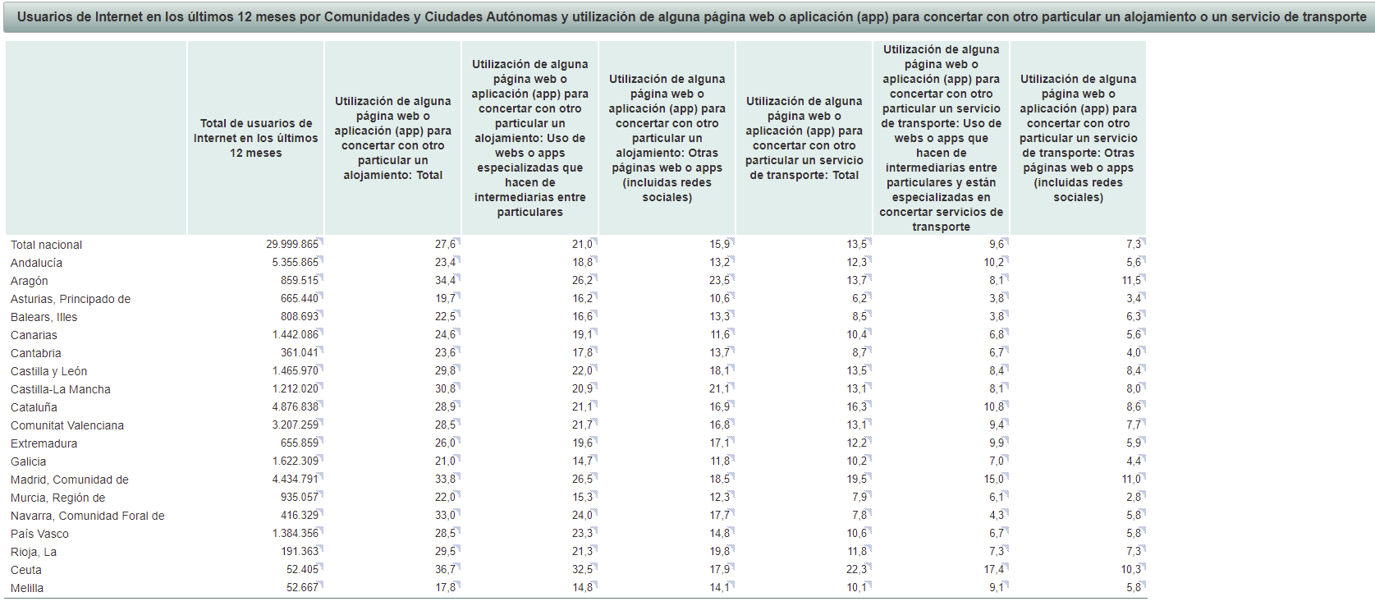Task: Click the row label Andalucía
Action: tap(36, 263)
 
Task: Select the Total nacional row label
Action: tap(46, 245)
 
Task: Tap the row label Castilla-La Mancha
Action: tap(60, 389)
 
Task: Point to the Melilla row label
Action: tap(27, 588)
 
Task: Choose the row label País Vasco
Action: tap(39, 534)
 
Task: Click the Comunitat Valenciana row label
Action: tap(67, 425)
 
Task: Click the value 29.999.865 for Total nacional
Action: tap(291, 245)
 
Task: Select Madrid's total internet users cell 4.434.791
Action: tap(295, 480)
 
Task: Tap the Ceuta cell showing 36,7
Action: tap(445, 570)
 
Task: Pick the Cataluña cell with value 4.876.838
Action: tap(295, 407)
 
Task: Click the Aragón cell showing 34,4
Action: tap(445, 281)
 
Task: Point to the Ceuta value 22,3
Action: tap(856, 570)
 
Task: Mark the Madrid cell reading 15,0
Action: tap(993, 480)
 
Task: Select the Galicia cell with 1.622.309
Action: tap(295, 461)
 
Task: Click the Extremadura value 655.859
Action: tap(299, 443)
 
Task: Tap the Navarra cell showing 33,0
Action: tap(445, 516)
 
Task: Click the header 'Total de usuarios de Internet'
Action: tap(255, 138)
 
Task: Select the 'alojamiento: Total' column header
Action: tap(392, 138)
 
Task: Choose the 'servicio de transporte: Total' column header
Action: tap(804, 138)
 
